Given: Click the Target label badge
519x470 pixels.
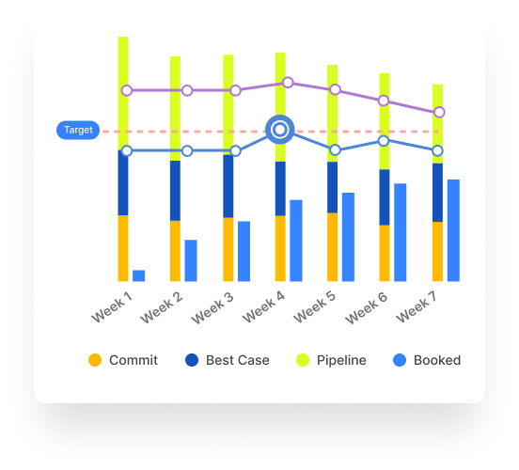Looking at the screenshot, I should click(x=78, y=131).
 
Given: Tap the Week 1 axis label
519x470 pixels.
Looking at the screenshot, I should click(x=113, y=306).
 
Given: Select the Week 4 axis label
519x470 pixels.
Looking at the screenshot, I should click(x=264, y=306).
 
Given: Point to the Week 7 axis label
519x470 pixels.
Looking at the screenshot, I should click(x=417, y=306).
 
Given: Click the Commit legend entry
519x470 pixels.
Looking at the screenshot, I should click(x=122, y=360).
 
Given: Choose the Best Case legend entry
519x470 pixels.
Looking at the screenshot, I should click(x=227, y=360).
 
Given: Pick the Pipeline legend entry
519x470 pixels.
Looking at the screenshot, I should click(x=330, y=360).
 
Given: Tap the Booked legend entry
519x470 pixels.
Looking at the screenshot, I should click(x=426, y=360).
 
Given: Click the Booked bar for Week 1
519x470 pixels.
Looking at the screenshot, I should click(x=139, y=275).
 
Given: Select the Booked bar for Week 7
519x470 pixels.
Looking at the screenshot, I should click(x=453, y=230).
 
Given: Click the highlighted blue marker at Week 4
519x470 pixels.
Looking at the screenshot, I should click(x=279, y=130).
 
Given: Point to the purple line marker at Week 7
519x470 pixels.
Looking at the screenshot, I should click(x=440, y=112).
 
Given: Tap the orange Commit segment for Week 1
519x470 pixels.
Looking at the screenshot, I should click(x=123, y=248).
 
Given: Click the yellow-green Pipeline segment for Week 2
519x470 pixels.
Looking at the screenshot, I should click(x=175, y=108).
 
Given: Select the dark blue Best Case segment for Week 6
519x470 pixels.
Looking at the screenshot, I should click(x=384, y=197).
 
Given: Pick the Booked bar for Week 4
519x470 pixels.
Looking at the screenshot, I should click(x=296, y=241).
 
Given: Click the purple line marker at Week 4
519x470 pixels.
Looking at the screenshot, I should click(x=288, y=83).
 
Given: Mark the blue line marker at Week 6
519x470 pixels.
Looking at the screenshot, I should click(x=384, y=141).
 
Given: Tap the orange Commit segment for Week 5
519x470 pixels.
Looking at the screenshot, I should click(x=332, y=247).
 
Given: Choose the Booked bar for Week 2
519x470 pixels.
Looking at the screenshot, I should click(x=191, y=260).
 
